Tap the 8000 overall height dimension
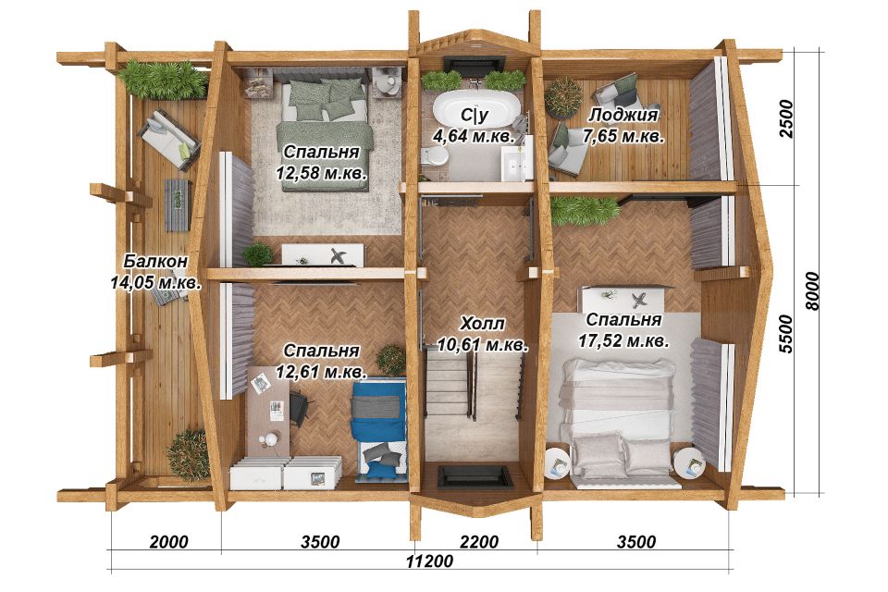click(x=812, y=291)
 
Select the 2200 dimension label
click(x=479, y=541)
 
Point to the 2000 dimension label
click(x=168, y=541)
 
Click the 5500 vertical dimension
click(x=786, y=334)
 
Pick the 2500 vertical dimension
click(x=786, y=118)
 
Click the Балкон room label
click(x=155, y=261)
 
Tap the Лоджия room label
click(x=623, y=115)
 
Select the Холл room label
click(x=483, y=324)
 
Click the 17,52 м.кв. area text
click(x=623, y=341)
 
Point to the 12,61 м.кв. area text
click(x=321, y=372)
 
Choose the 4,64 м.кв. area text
click(x=474, y=137)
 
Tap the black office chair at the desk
click(x=300, y=406)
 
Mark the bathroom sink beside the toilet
click(x=517, y=162)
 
